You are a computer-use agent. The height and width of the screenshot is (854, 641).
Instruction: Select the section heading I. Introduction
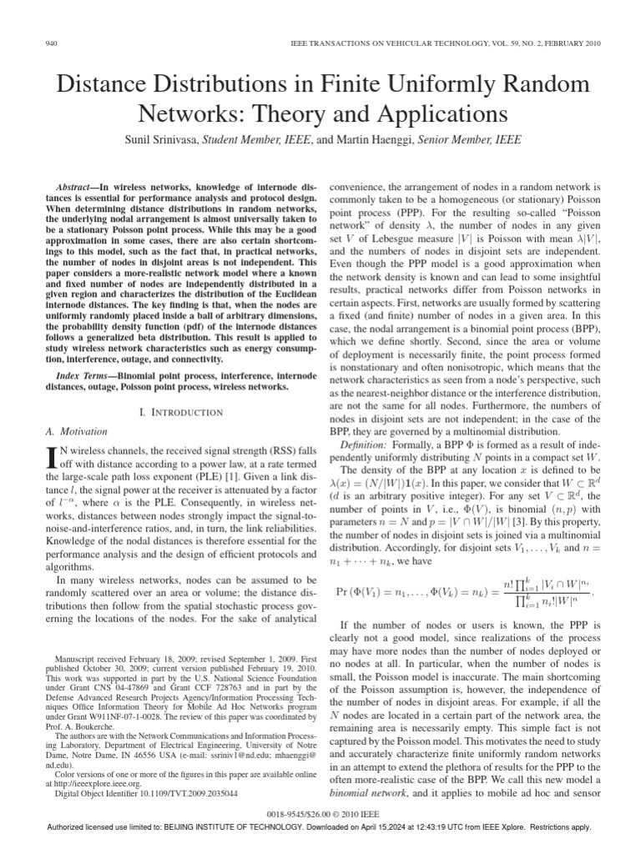(x=180, y=412)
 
